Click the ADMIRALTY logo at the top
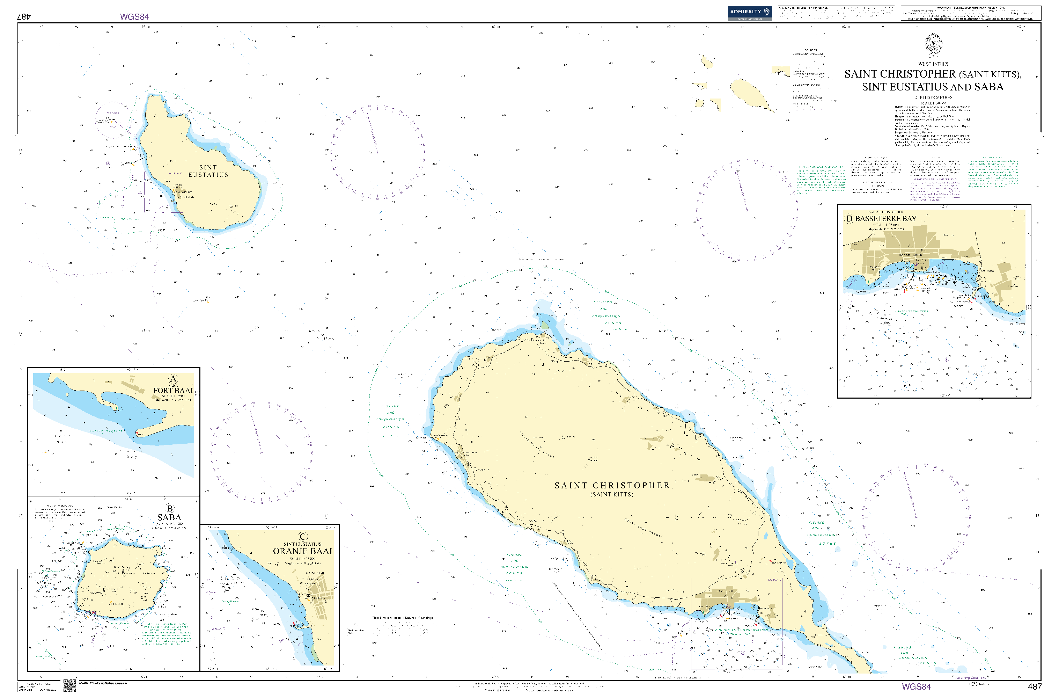point(750,13)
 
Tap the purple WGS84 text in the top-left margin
point(134,17)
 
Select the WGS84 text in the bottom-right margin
point(916,686)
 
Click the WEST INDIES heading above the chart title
point(933,64)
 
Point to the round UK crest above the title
point(933,44)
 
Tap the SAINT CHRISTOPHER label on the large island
point(612,486)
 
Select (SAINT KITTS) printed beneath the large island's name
point(612,495)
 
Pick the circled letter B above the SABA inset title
point(170,508)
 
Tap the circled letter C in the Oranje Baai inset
point(303,537)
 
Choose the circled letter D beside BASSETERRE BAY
point(849,219)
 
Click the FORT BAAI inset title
point(173,391)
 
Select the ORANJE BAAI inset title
point(303,551)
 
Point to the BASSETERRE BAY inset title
point(885,219)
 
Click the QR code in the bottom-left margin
point(69,686)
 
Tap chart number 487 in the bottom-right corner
point(1035,687)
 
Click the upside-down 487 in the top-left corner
point(23,16)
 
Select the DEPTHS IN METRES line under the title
point(933,97)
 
